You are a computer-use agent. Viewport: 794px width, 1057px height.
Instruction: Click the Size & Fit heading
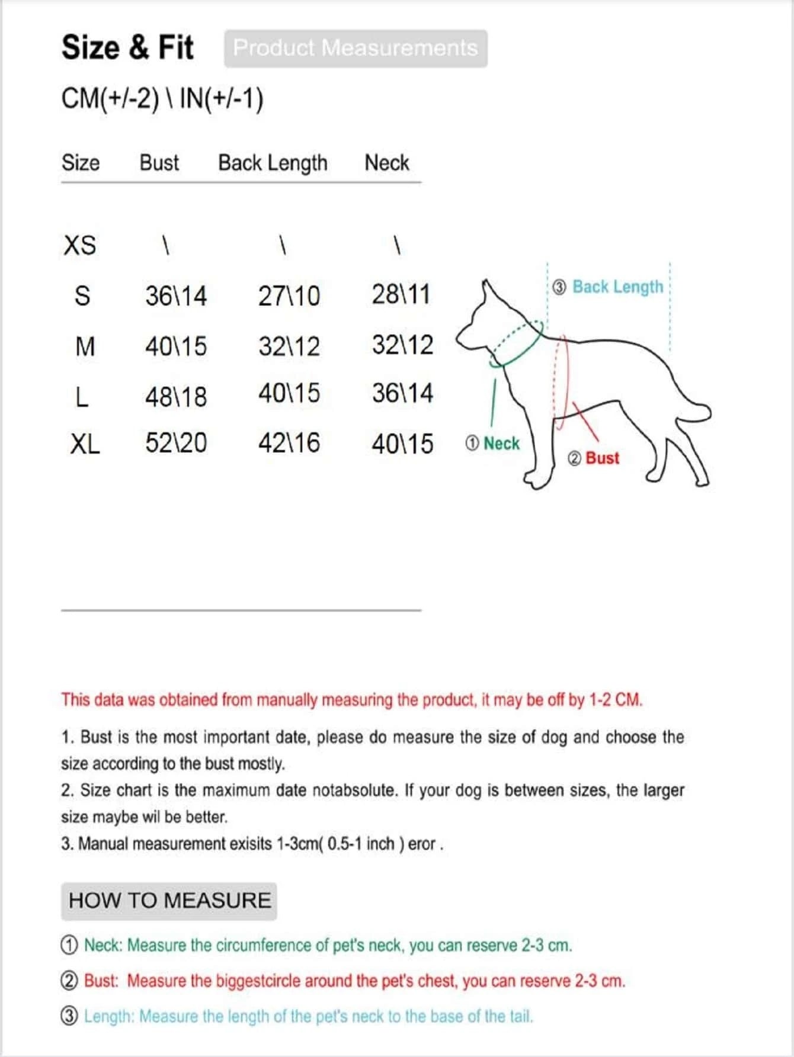click(x=127, y=47)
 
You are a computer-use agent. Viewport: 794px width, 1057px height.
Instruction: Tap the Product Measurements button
click(x=356, y=48)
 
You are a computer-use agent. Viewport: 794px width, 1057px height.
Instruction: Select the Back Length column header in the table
click(x=273, y=163)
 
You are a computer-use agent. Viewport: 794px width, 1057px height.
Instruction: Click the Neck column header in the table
click(x=386, y=163)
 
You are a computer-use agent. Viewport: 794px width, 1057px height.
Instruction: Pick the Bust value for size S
click(x=176, y=295)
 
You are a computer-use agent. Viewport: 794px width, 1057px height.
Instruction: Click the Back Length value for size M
click(x=289, y=346)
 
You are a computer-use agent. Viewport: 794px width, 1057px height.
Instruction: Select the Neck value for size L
click(x=402, y=393)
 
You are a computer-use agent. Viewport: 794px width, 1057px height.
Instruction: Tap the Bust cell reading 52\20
click(x=176, y=443)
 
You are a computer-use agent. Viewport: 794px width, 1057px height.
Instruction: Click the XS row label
click(x=79, y=245)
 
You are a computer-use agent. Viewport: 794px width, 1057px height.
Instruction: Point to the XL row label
click(x=85, y=444)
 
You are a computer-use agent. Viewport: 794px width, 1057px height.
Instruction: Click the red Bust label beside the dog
click(x=601, y=458)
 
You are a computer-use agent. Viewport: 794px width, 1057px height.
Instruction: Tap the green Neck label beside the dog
click(x=501, y=444)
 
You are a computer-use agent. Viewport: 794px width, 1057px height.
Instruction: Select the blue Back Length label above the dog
click(x=617, y=287)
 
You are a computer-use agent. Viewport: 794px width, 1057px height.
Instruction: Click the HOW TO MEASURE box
click(x=169, y=901)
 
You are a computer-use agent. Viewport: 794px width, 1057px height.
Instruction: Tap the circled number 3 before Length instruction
click(x=69, y=1016)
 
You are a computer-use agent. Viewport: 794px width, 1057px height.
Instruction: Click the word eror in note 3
click(x=421, y=844)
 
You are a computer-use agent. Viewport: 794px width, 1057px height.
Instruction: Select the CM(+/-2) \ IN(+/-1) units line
click(x=162, y=98)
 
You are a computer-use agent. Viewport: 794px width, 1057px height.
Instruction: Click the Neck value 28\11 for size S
click(x=401, y=294)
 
